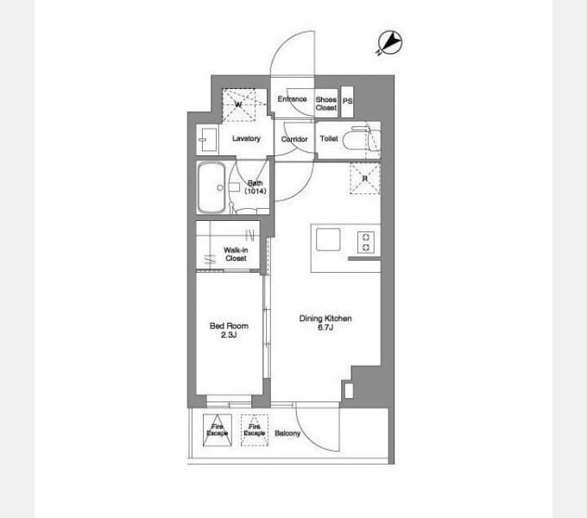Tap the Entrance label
pos(292,99)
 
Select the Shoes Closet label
pos(325,103)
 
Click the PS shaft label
pos(348,101)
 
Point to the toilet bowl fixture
pos(361,140)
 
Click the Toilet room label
pos(329,138)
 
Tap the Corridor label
pos(294,138)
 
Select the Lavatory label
pos(246,138)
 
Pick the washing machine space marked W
pos(239,105)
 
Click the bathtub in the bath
pos(211,187)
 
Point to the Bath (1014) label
pos(256,186)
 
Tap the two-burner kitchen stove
pos(365,243)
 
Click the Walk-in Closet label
pos(236,254)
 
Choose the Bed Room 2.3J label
pos(230,330)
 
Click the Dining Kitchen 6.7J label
pos(325,323)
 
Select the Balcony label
pos(287,433)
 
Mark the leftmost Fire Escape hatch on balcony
pos(217,430)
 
